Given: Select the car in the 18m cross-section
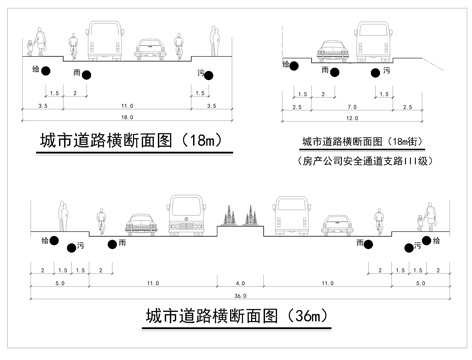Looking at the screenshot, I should point(149,47).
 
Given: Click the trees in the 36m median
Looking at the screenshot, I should point(240,215).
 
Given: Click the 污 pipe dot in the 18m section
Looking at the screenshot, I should point(211,74).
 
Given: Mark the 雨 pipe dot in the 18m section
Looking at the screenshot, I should point(87,75).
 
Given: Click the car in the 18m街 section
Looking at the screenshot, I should point(329,50).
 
